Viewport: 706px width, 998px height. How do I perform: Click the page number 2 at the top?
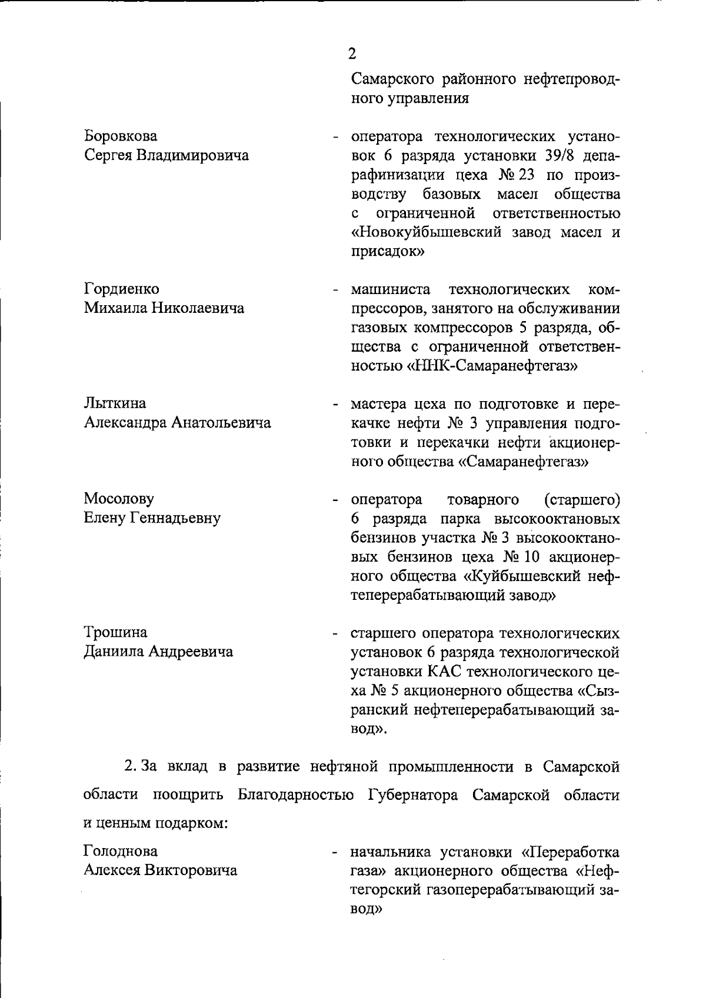352,54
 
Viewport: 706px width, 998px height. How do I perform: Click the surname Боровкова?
121,136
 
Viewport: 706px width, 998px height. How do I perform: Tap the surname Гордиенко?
122,289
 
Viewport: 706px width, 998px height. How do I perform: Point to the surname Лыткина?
115,403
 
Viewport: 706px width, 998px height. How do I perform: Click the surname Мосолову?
119,499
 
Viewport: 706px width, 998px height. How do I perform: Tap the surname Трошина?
115,632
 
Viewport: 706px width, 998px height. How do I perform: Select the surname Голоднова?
121,851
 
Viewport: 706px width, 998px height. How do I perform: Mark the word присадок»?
388,252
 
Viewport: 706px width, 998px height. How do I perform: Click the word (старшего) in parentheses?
581,500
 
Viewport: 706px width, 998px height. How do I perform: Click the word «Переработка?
570,852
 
